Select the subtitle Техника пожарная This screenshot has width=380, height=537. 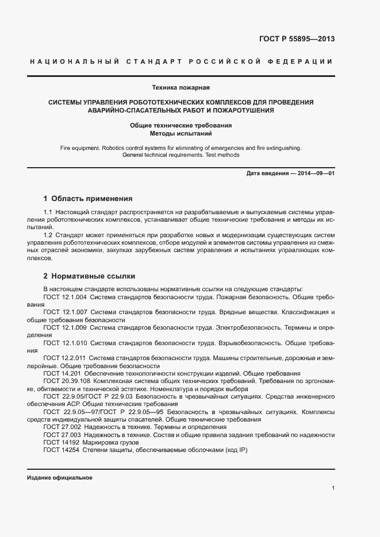[181, 88]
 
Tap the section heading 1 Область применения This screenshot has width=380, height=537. [88, 199]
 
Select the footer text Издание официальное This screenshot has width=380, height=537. [59, 478]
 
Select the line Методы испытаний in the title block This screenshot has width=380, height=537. [181, 133]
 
